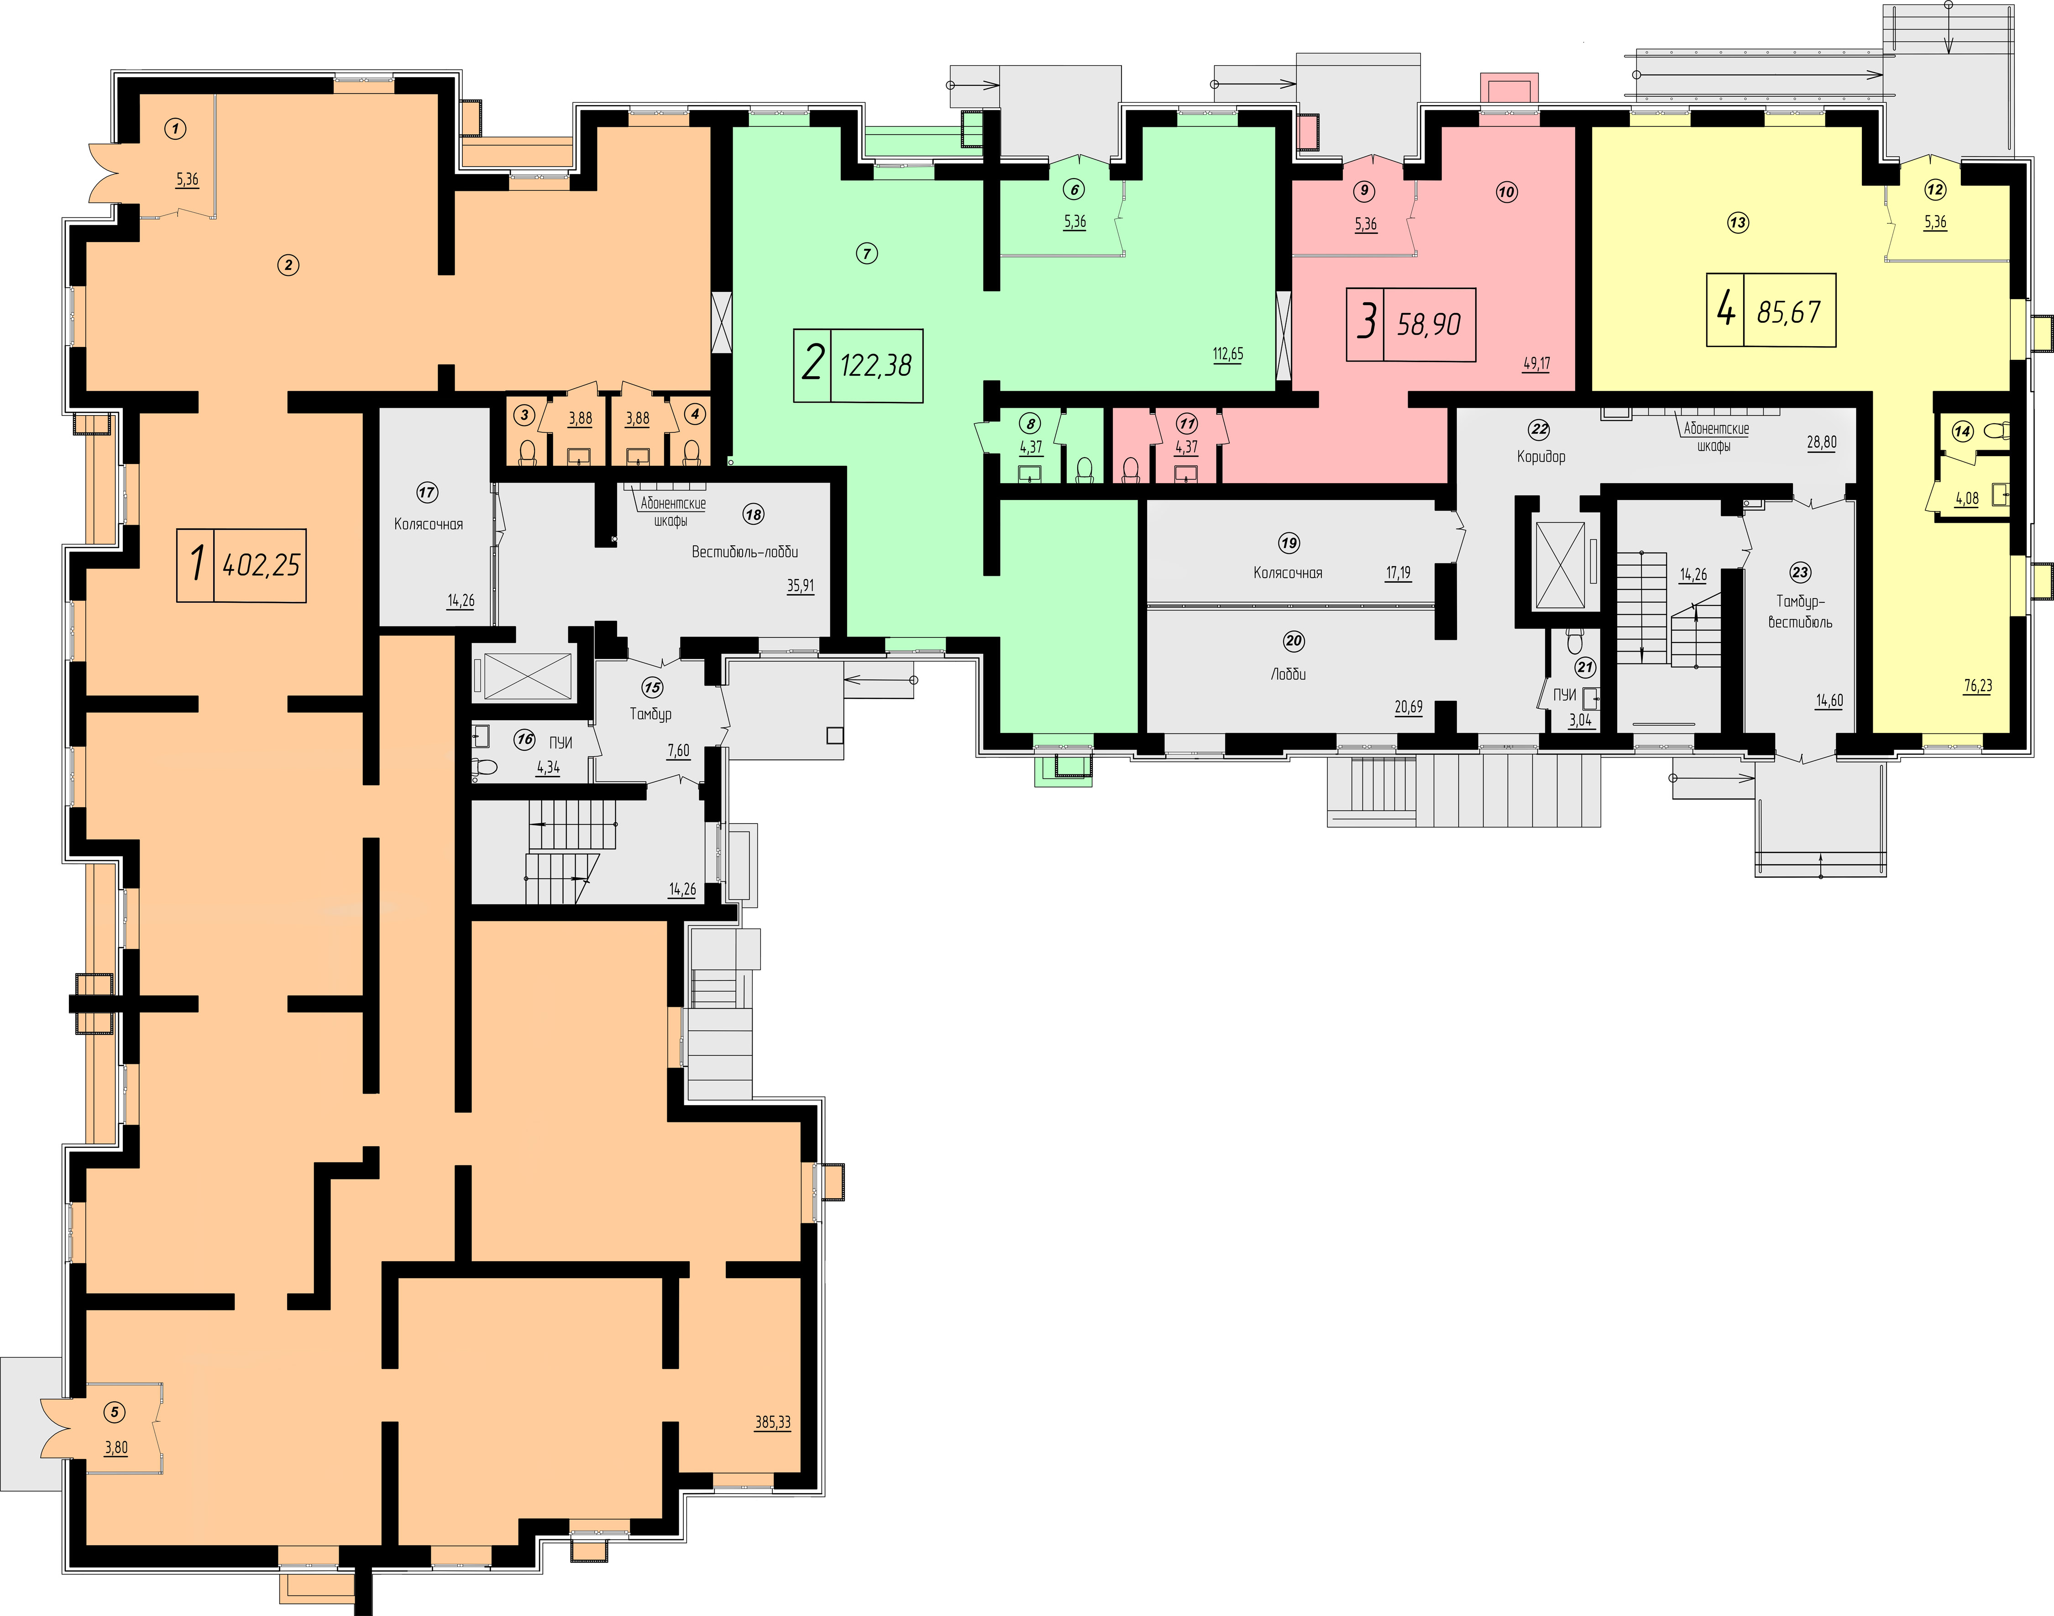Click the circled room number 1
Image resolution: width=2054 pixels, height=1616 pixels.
[175, 129]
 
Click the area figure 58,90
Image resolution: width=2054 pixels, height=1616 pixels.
[1429, 325]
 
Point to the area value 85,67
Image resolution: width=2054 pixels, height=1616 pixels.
[1788, 311]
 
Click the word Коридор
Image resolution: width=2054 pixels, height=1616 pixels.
[1540, 456]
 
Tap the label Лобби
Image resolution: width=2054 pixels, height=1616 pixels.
[1288, 674]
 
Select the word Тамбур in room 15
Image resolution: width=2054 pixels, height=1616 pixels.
[650, 713]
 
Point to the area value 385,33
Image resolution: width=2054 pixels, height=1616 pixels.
[773, 1422]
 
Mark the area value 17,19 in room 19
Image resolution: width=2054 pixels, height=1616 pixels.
[1398, 573]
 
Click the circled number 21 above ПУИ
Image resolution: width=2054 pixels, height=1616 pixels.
[1585, 667]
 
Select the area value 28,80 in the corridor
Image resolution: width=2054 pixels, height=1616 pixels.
[1821, 442]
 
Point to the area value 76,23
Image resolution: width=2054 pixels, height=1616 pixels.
[1977, 686]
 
